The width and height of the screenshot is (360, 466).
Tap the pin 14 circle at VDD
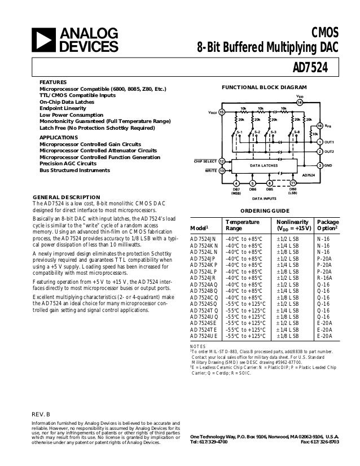[300, 103]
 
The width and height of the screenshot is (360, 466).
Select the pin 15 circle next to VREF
[222, 112]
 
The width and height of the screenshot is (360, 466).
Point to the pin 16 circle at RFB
[320, 125]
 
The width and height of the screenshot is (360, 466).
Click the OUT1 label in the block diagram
[330, 141]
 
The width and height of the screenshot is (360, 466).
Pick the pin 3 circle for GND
[320, 165]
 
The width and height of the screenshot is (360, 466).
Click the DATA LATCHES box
[263, 165]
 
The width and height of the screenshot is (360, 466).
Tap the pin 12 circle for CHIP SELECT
[222, 161]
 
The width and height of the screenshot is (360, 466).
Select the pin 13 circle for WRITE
[222, 170]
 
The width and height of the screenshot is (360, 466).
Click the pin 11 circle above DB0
[293, 183]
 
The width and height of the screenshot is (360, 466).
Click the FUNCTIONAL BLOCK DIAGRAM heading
[264, 87]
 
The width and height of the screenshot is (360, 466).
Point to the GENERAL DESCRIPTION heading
[67, 197]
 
